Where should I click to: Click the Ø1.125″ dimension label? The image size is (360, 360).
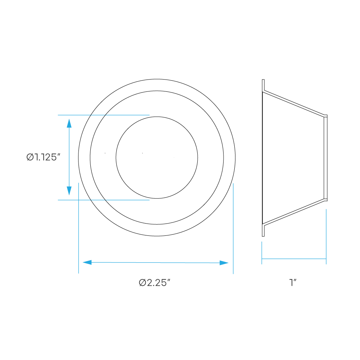(44, 157)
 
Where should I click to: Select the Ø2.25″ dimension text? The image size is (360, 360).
(154, 283)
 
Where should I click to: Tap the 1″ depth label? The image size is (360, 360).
(293, 282)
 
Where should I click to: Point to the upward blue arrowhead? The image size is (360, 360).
(69, 123)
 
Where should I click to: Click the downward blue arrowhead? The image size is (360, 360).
(69, 191)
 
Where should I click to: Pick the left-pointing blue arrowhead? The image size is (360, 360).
(87, 262)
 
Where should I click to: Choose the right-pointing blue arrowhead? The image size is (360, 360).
(224, 263)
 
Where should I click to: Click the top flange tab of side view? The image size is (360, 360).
(264, 85)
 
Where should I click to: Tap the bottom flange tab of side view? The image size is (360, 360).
(264, 230)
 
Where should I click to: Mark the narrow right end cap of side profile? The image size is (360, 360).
(325, 158)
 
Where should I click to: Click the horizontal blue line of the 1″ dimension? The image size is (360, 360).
(294, 259)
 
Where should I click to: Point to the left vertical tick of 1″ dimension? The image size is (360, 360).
(262, 253)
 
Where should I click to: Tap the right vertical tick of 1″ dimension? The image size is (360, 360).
(326, 237)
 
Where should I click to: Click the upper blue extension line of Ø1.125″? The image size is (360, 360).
(104, 115)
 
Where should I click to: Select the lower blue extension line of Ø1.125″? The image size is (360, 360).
(104, 200)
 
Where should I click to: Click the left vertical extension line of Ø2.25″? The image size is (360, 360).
(78, 228)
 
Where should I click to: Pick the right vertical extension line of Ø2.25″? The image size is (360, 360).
(233, 229)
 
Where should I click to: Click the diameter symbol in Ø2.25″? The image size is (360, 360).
(142, 283)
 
